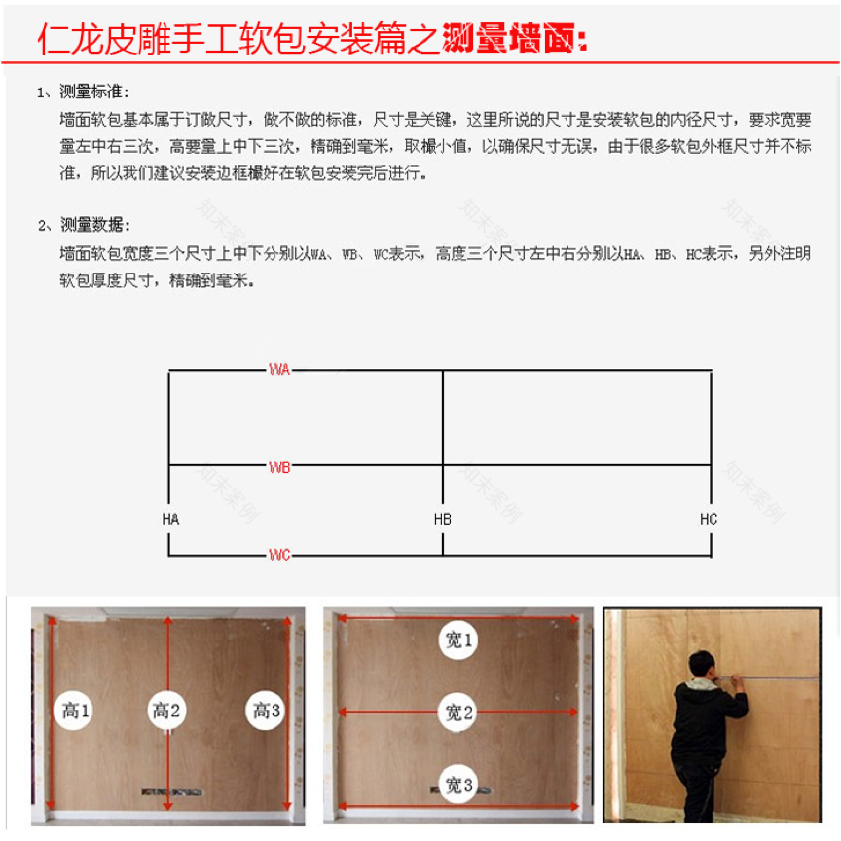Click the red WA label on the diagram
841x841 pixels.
point(279,370)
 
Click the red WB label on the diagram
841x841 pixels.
point(279,467)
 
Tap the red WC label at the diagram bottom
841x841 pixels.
point(279,555)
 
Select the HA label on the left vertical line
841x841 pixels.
point(170,519)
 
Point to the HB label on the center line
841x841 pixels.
point(443,519)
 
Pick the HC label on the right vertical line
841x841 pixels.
point(709,519)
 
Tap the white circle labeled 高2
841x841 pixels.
point(167,711)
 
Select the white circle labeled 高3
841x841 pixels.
point(265,711)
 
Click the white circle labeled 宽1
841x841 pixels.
point(457,640)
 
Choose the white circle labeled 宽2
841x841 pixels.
point(457,713)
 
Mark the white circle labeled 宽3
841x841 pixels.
point(457,785)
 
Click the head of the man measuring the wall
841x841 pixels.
point(702,668)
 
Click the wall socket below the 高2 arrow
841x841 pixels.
point(161,790)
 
